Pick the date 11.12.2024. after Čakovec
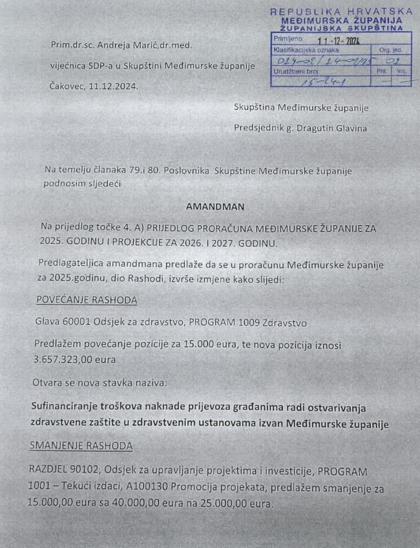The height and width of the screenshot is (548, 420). [112, 86]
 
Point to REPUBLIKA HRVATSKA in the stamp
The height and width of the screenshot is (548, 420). [341, 12]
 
